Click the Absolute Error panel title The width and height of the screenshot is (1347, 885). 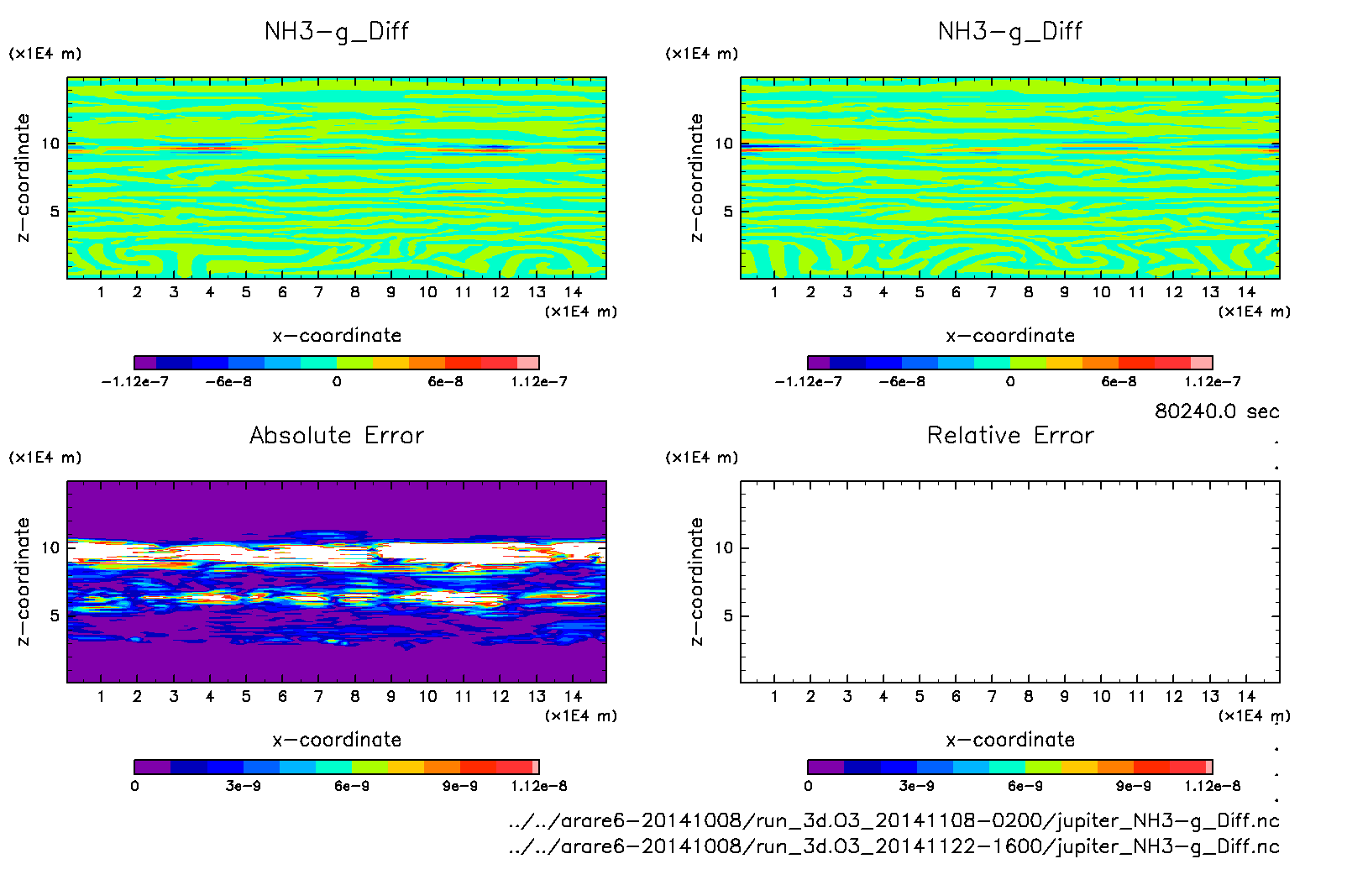tap(337, 435)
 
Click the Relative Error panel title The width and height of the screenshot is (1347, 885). tap(1010, 435)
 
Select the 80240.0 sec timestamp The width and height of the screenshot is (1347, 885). tap(1217, 411)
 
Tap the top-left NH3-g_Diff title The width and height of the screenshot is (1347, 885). tap(337, 31)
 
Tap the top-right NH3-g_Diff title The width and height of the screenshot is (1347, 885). tap(1010, 31)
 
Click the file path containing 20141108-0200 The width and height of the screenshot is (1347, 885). tap(894, 820)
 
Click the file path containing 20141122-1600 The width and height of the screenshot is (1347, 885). tap(894, 846)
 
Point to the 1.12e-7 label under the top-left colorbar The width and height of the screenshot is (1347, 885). tap(539, 381)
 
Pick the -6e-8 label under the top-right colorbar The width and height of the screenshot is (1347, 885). tap(902, 381)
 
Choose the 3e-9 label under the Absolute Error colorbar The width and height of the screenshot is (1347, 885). tap(243, 786)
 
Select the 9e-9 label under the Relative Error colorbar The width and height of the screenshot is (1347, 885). tap(1133, 786)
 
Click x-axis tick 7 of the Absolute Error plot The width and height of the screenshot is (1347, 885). tap(318, 696)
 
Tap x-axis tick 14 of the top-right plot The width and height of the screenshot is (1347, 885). tap(1246, 292)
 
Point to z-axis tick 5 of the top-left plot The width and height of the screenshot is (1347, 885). tap(55, 212)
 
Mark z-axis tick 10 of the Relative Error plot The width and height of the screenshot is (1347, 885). tap(724, 547)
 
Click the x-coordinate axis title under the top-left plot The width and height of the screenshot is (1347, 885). tap(337, 336)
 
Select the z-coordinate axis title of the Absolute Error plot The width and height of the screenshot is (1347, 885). tap(23, 581)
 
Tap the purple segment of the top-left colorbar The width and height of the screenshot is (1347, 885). tap(145, 363)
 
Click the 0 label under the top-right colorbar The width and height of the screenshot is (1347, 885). tap(1010, 381)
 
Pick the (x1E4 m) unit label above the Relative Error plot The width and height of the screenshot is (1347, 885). tap(702, 458)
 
